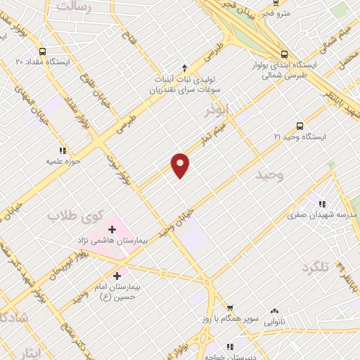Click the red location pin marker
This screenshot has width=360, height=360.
tap(181, 165)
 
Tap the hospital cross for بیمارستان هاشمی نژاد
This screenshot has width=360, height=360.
tap(112, 229)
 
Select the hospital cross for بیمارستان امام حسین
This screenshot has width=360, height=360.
tap(117, 276)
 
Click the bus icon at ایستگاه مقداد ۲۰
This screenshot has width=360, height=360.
tap(44, 51)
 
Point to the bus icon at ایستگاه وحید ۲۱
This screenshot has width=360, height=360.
tap(300, 127)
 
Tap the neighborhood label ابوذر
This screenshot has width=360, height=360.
tap(218, 110)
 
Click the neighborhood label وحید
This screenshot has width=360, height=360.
tap(269, 176)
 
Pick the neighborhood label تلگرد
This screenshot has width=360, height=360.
tap(315, 268)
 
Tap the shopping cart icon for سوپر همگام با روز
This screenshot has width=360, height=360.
tap(229, 308)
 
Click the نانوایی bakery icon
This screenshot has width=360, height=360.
tap(274, 310)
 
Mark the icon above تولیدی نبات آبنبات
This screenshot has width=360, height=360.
tap(184, 68)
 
